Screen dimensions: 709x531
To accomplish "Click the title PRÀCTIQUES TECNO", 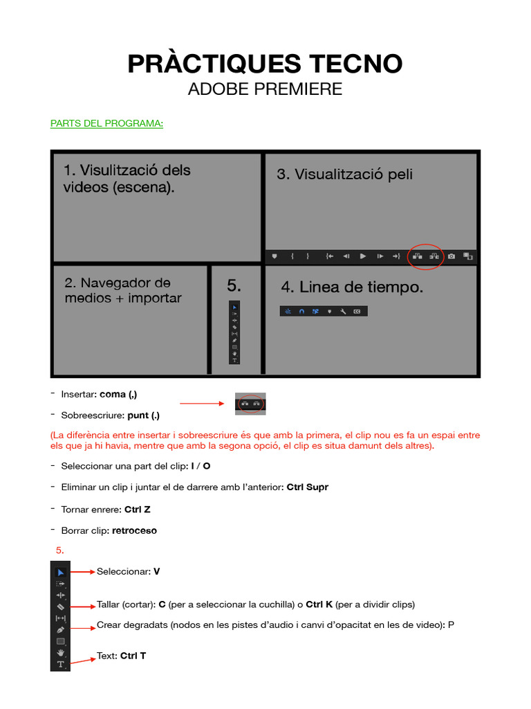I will coord(265,64).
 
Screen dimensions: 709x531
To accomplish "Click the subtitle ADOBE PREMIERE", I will coord(265,89).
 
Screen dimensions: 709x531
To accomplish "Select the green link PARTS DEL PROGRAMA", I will coord(106,124).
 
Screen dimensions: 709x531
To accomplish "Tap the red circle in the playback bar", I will coord(425,256).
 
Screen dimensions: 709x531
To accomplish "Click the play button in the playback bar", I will coord(363,256).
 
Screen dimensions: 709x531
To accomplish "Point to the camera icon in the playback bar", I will coord(451,256).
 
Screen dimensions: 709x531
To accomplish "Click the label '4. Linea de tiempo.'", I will coord(352,287).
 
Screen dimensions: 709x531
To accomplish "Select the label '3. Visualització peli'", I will coord(345,174).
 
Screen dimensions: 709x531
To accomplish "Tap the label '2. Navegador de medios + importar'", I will coord(123,290).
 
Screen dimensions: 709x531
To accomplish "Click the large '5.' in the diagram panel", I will coord(234,285).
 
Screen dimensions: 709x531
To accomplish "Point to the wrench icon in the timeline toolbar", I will coord(343,312).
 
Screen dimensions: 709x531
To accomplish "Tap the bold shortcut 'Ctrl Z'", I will coord(137,510).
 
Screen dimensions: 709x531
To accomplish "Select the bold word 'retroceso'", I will coord(134,531).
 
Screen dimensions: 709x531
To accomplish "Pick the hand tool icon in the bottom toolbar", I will coord(60,652).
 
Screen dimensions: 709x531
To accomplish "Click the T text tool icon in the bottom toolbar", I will coord(60,664).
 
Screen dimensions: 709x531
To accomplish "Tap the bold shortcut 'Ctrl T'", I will coord(133,656).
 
